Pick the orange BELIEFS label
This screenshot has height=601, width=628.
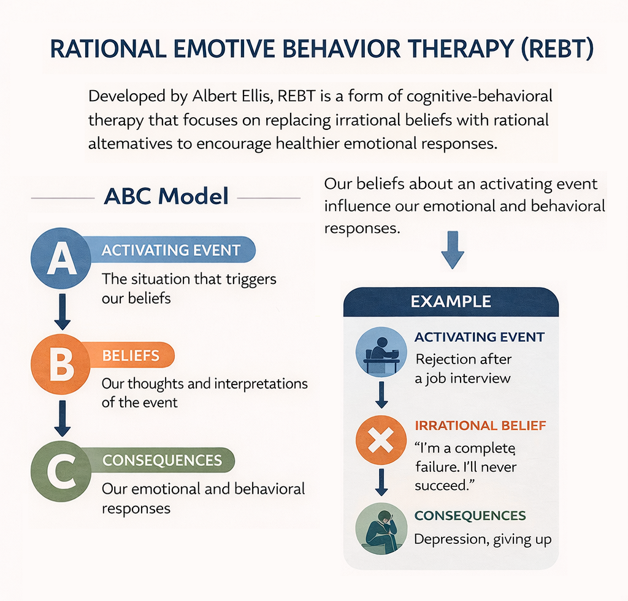click(131, 356)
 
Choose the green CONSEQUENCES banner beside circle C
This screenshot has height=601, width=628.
click(163, 460)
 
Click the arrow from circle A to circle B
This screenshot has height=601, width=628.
click(61, 312)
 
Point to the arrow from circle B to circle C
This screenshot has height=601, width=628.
click(61, 417)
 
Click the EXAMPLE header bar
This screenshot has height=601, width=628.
click(451, 302)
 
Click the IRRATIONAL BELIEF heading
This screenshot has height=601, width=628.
click(480, 426)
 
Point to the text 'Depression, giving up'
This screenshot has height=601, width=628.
click(483, 539)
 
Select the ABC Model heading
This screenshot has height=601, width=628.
click(166, 196)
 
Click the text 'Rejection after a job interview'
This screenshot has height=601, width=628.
click(463, 368)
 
